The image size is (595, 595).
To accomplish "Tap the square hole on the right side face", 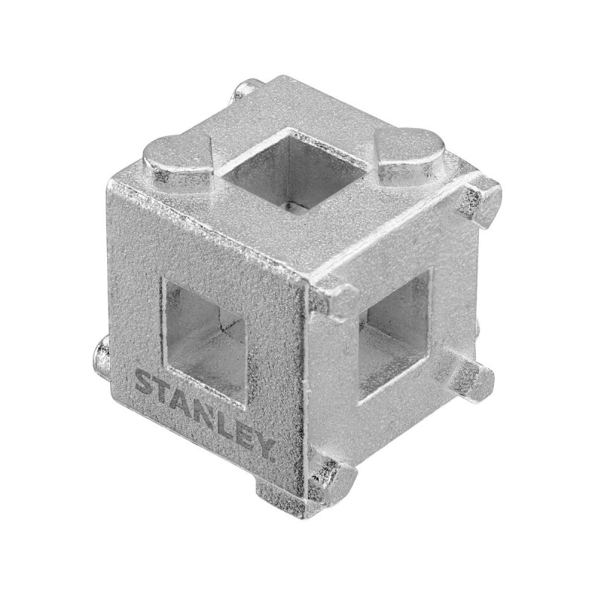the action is [395, 334].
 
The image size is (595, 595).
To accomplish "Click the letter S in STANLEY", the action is [144, 382].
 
